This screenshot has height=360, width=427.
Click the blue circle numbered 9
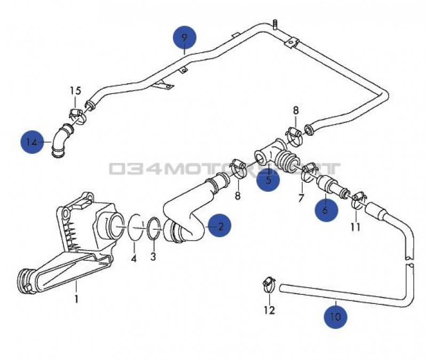[184, 38]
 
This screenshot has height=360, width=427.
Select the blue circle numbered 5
[268, 180]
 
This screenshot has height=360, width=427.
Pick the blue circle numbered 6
[326, 209]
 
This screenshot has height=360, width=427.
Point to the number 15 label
[75, 90]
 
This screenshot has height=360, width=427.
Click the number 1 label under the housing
[76, 299]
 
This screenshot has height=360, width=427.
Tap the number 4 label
[134, 259]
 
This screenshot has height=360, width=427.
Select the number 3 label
[153, 257]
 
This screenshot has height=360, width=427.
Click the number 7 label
[301, 199]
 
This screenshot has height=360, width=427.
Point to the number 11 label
[355, 226]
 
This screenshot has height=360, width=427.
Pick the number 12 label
[269, 310]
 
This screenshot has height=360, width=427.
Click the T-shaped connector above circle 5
[273, 152]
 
